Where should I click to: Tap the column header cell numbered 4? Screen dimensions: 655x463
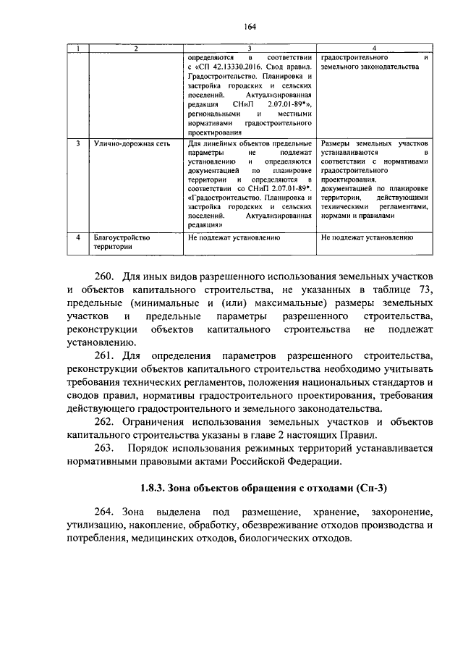[374, 48]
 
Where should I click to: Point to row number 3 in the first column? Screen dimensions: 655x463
[77, 143]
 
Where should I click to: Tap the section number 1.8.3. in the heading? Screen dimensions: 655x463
[157, 486]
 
